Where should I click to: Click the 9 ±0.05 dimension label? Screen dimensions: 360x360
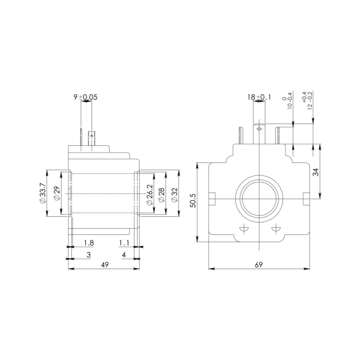point(85,97)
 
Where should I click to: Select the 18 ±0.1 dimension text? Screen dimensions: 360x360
point(259,97)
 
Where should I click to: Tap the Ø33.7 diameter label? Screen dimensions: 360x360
point(43,193)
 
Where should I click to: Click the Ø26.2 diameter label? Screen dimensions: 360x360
point(149,195)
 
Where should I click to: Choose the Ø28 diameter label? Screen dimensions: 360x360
point(162,195)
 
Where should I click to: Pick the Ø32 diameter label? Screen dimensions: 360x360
point(175,195)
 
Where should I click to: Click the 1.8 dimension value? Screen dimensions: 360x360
point(89,243)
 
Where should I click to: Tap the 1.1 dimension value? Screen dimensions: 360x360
point(124,243)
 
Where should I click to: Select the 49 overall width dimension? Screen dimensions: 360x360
point(105,265)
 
